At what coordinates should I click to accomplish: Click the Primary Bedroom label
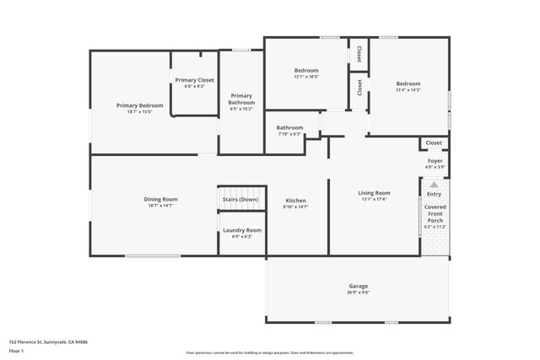[x=139, y=105]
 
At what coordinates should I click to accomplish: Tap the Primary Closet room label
[x=195, y=80]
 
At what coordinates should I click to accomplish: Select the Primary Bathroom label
[x=241, y=99]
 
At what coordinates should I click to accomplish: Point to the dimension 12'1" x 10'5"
[x=306, y=77]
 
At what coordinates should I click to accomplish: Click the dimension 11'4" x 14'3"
[x=408, y=89]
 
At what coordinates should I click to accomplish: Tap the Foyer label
[x=435, y=160]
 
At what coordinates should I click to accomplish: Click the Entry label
[x=434, y=194]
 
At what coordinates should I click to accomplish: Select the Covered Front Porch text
[x=435, y=212]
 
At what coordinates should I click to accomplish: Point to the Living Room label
[x=374, y=193]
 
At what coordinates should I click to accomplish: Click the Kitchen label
[x=295, y=200]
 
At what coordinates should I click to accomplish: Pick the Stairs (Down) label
[x=240, y=199]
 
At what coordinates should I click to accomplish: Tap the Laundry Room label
[x=242, y=230]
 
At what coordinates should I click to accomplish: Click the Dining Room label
[x=160, y=199]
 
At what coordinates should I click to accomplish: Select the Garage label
[x=359, y=286]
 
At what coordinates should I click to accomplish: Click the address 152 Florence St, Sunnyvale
[x=49, y=342]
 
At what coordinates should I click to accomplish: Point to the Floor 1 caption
[x=17, y=349]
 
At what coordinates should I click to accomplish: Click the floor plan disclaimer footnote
[x=270, y=352]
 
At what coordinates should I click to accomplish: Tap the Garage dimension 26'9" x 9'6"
[x=359, y=292]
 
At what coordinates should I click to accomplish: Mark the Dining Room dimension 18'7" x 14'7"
[x=160, y=206]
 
